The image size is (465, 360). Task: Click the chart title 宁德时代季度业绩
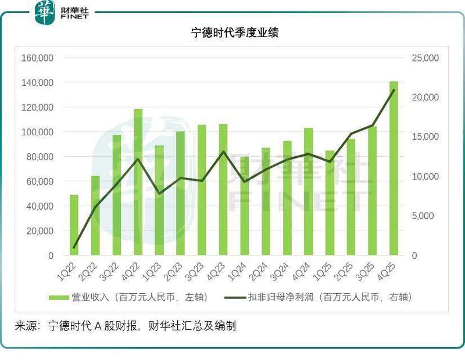[x=235, y=33]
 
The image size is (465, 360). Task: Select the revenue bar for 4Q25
[x=394, y=168]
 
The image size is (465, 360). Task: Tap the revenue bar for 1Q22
[x=74, y=225]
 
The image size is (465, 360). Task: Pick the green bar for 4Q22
[x=138, y=182]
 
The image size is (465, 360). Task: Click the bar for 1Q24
[x=244, y=206]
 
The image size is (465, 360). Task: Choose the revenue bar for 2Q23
[x=180, y=193]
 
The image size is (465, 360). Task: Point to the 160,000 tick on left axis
[x=37, y=58]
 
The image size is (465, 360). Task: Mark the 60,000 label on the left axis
[x=39, y=181]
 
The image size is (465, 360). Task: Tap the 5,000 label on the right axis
[x=431, y=216]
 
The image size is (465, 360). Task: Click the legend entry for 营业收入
[x=128, y=297]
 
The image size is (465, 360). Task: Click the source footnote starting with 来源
[x=126, y=326]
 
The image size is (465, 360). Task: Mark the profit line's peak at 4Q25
[x=394, y=90]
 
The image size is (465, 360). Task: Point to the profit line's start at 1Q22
[x=74, y=248]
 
